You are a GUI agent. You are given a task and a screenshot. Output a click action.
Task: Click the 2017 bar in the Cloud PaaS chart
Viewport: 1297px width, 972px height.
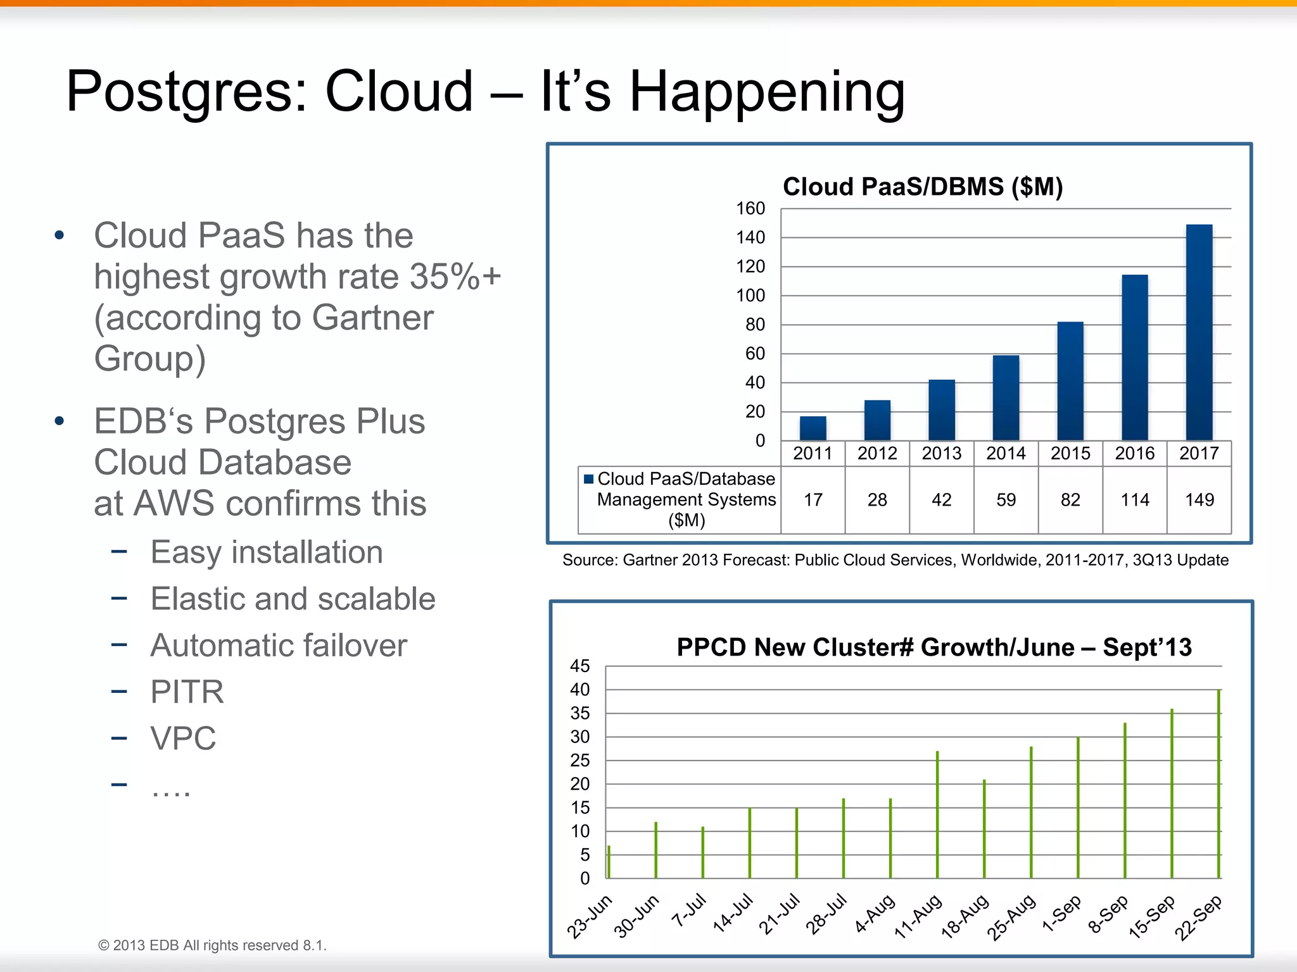tap(1199, 332)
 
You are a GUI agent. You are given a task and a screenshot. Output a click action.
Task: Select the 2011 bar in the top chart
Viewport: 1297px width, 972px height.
tap(813, 428)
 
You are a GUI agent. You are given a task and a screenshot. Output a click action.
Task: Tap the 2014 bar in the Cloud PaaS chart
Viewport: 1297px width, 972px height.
tap(1006, 397)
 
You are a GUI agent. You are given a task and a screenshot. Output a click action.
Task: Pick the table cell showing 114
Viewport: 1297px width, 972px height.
tap(1134, 500)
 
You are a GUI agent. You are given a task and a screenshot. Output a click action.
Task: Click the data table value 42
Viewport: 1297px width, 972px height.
tap(941, 500)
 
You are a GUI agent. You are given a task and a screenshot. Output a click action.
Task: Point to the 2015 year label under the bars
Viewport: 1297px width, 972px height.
tap(1070, 453)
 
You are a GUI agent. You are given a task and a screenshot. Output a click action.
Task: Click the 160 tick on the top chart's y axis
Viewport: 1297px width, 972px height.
tap(750, 208)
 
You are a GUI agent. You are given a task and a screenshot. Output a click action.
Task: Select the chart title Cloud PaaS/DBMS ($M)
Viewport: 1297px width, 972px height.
tap(923, 187)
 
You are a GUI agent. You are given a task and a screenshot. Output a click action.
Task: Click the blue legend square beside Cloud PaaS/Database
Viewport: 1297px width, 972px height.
tap(588, 479)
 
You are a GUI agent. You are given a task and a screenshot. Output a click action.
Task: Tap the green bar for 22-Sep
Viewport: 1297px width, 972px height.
tap(1218, 785)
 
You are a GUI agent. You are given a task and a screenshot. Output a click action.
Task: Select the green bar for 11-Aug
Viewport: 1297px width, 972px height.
tap(937, 815)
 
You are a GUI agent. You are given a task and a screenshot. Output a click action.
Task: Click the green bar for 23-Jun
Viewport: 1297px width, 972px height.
tap(609, 862)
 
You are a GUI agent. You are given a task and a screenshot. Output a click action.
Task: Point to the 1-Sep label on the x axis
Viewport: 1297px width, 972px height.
tap(1061, 915)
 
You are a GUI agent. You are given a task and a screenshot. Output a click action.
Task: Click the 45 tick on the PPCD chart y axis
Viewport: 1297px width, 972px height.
tap(579, 666)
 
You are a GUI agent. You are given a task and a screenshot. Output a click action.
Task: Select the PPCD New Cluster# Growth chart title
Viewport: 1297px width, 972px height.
tap(934, 647)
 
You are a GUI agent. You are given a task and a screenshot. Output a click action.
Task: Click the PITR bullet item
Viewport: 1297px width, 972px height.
tap(187, 692)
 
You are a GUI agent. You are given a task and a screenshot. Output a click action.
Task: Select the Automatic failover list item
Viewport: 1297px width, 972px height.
tap(279, 645)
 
